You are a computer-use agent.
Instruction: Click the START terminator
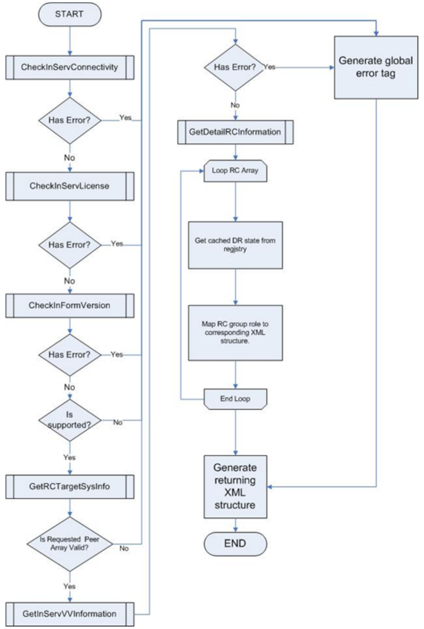click(x=70, y=14)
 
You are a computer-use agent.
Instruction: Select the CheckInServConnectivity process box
click(x=70, y=67)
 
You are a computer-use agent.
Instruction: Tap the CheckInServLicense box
click(x=70, y=186)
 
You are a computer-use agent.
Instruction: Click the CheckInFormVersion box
click(x=70, y=306)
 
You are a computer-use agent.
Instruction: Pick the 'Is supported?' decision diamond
click(x=70, y=420)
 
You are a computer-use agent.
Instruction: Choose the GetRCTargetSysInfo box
click(x=70, y=486)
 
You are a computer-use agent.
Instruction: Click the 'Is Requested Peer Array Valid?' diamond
click(x=70, y=544)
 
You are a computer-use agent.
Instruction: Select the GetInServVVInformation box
click(x=70, y=614)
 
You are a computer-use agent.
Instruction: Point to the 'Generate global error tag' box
click(x=376, y=67)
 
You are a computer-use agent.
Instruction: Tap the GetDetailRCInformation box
click(x=235, y=132)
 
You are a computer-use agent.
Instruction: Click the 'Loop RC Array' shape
click(x=235, y=171)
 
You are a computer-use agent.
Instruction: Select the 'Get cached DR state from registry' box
click(x=235, y=245)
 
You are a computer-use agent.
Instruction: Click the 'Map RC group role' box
click(x=235, y=333)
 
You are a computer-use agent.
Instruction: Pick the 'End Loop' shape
click(x=235, y=399)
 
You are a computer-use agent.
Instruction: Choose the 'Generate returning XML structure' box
click(x=235, y=486)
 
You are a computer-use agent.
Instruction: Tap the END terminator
click(x=235, y=544)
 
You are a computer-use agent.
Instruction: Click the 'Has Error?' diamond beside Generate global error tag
click(x=235, y=67)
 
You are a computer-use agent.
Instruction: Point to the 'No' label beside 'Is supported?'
click(x=118, y=422)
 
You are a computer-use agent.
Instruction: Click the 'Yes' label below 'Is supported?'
click(x=69, y=457)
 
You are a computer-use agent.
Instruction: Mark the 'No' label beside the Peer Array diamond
click(x=124, y=548)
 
